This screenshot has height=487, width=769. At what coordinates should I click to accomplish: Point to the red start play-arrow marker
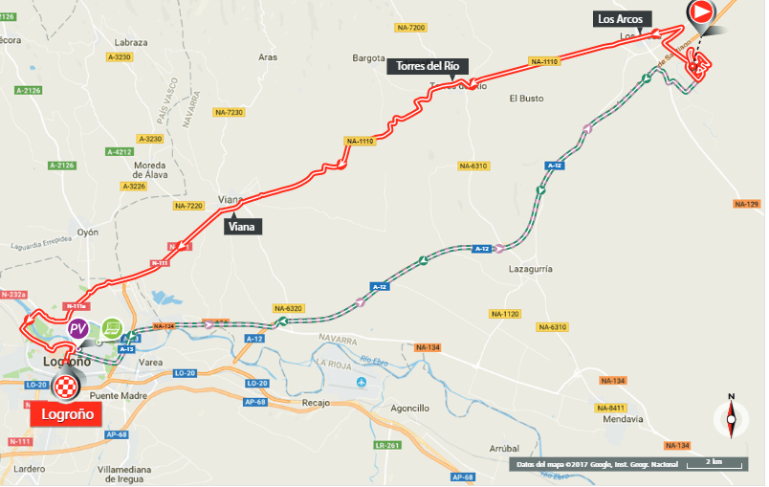(700, 12)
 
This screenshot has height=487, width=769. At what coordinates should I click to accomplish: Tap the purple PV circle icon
(79, 329)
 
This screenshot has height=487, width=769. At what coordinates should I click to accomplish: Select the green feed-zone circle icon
(113, 328)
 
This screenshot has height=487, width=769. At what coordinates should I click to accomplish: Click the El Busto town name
(525, 98)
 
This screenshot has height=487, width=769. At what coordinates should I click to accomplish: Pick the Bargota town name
(367, 57)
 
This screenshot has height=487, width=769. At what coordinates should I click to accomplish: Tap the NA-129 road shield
(745, 204)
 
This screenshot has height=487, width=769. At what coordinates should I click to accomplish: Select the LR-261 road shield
(386, 446)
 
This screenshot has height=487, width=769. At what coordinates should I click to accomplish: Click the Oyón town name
(88, 232)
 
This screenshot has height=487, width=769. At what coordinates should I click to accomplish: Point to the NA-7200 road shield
(416, 28)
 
